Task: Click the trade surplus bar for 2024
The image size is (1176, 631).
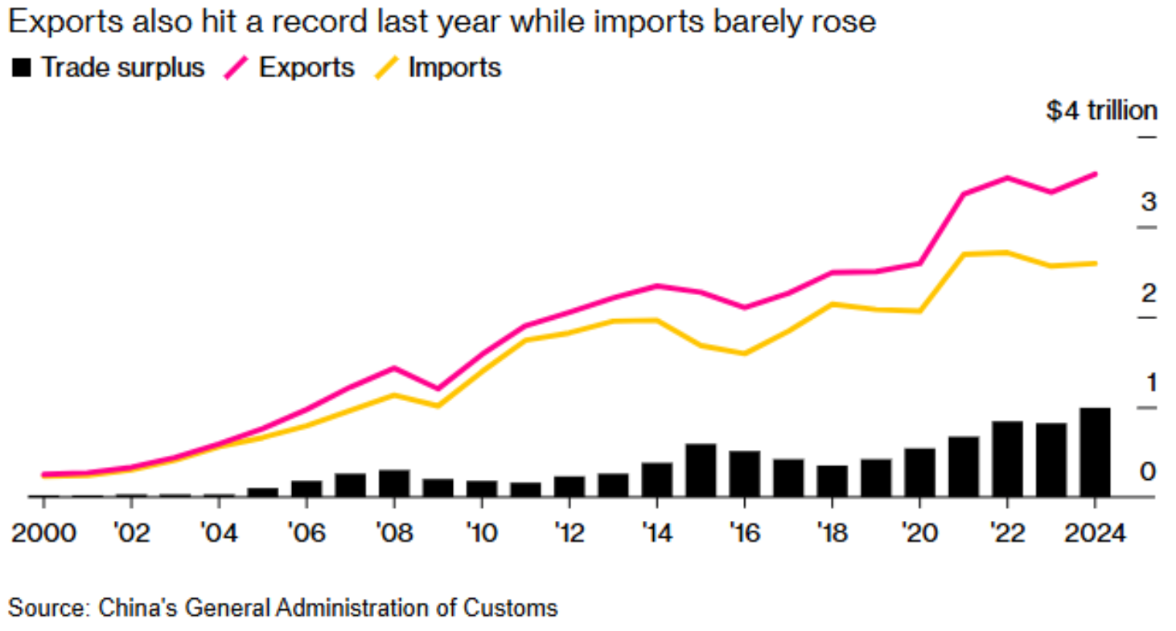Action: click(x=1095, y=452)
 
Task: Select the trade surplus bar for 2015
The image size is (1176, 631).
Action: click(x=701, y=469)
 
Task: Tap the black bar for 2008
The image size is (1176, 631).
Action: click(x=394, y=482)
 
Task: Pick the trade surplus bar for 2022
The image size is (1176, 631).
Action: click(x=1007, y=458)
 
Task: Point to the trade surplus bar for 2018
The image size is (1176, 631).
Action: click(x=832, y=481)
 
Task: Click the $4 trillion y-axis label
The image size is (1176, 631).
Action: click(x=1100, y=110)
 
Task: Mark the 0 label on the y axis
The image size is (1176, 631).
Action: click(x=1149, y=471)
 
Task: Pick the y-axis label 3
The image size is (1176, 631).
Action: click(x=1149, y=201)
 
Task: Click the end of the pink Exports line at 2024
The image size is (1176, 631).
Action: click(x=1095, y=173)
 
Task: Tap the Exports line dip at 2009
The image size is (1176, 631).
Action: click(x=438, y=388)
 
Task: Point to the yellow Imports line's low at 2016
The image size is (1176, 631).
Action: click(x=744, y=354)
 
